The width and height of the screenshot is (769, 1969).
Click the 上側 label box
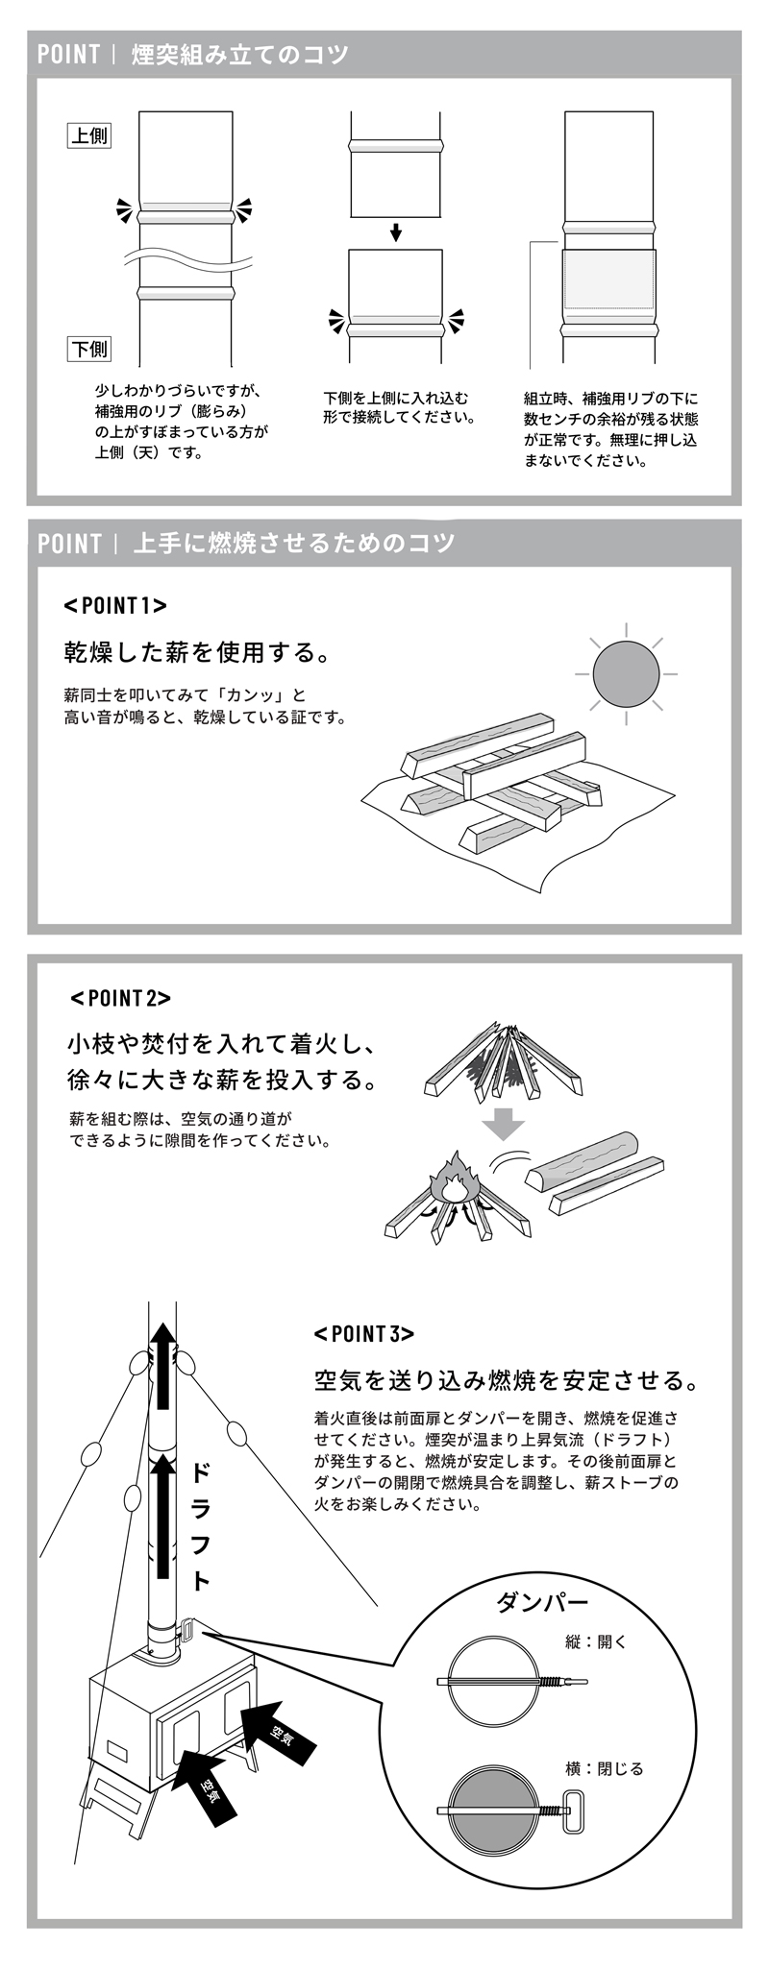pyautogui.click(x=89, y=135)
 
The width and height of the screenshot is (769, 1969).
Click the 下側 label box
pyautogui.click(x=89, y=349)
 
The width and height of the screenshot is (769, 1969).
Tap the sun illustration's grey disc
pyautogui.click(x=626, y=673)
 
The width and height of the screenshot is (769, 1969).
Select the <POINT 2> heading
pyautogui.click(x=120, y=997)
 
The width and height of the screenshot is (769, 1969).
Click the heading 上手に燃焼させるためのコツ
pyautogui.click(x=293, y=543)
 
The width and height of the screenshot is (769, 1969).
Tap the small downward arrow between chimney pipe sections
pyautogui.click(x=395, y=232)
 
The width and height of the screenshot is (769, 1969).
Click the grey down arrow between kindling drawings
pyautogui.click(x=502, y=1122)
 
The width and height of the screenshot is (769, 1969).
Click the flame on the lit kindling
pyautogui.click(x=455, y=1182)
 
